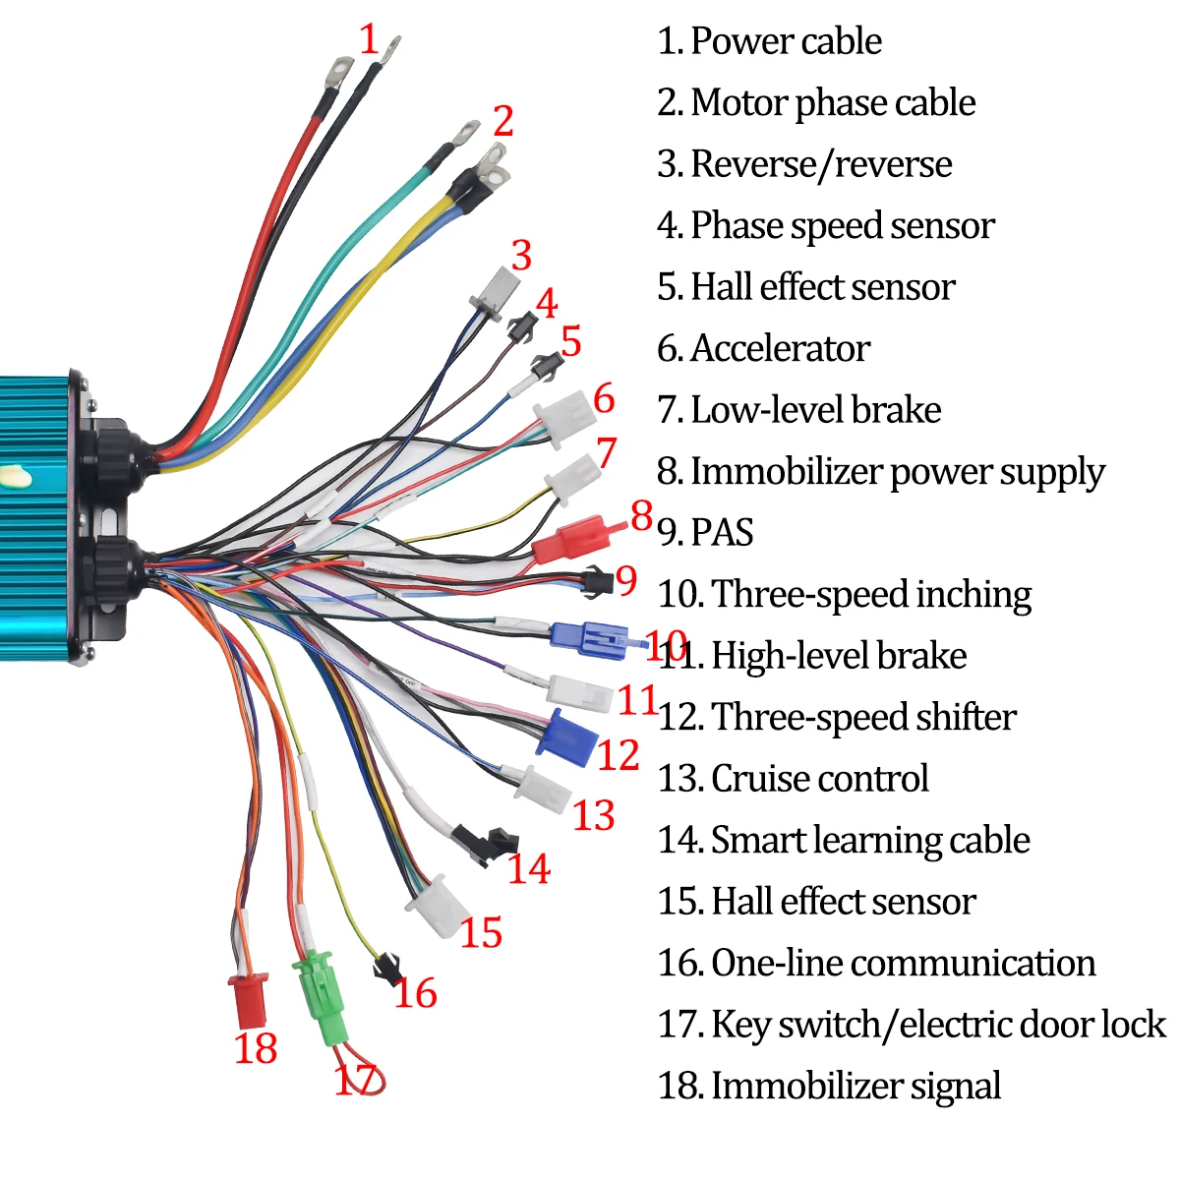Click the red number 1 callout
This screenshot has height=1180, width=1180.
369,40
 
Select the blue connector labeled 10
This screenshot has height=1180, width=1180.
588,639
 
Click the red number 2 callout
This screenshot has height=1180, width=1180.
503,121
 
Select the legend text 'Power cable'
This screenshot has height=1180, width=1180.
786,41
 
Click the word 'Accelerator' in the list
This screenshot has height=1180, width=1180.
780,348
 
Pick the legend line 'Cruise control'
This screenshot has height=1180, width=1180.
819,778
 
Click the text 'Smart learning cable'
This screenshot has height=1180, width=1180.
869,840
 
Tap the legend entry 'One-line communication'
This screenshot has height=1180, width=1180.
903,963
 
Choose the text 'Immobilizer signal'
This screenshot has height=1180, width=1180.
855,1086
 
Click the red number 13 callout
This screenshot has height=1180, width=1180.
594,815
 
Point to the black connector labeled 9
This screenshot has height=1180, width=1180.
596,582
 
